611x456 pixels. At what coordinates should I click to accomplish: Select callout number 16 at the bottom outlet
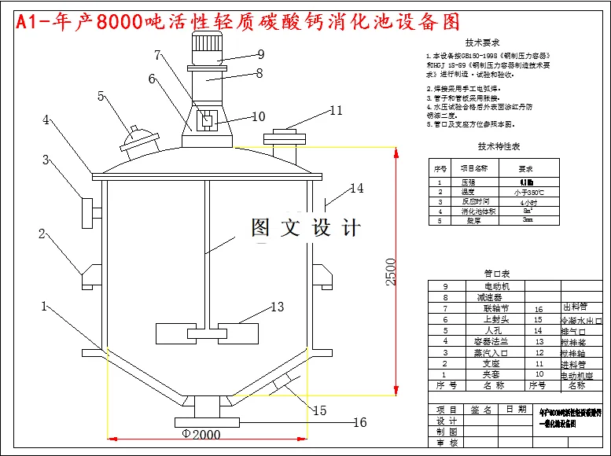[359, 422]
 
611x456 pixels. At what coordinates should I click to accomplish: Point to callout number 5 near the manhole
[101, 96]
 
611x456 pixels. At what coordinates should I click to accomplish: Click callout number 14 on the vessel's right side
[357, 188]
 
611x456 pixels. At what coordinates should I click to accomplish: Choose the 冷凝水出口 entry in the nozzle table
[580, 320]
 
